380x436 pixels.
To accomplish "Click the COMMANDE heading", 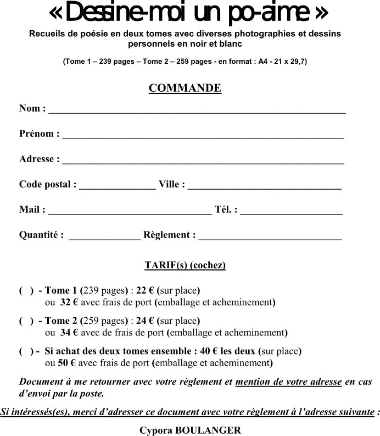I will click(185, 89).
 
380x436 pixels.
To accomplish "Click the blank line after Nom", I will click(197, 110).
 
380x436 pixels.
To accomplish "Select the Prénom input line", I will click(203, 135).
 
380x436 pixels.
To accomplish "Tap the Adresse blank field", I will click(203, 161).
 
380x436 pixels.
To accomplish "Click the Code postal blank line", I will click(118, 186).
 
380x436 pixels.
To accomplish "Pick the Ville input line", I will click(265, 186).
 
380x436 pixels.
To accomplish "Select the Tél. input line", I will click(291, 211).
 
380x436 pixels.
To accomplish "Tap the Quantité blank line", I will click(104, 236).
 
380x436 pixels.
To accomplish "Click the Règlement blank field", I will click(270, 236).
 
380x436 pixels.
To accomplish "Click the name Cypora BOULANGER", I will click(190, 431).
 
